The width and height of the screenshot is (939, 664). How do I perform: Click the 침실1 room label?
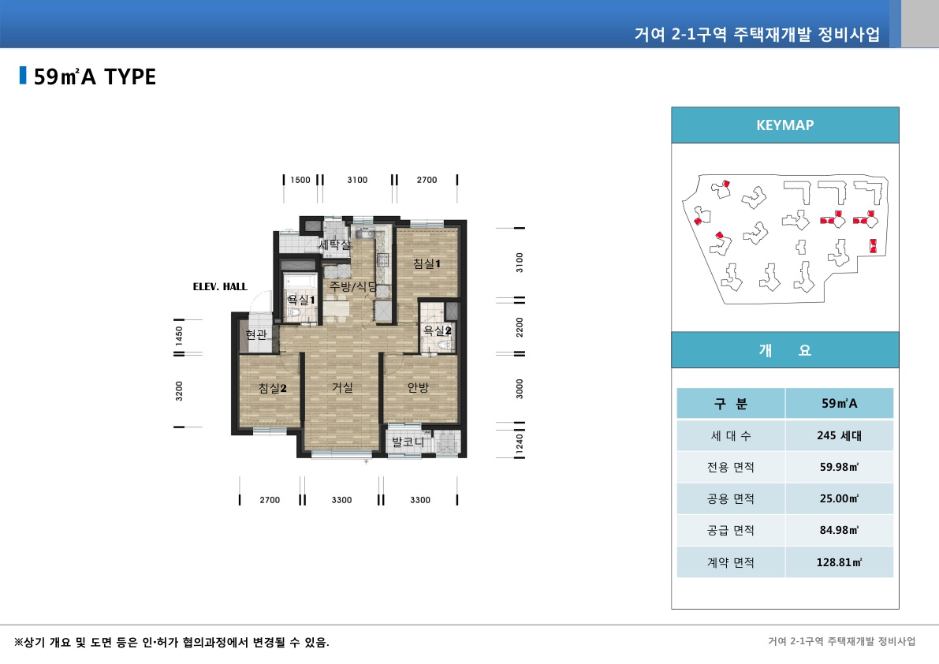pyautogui.click(x=426, y=264)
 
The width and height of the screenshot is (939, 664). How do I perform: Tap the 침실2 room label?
pyautogui.click(x=272, y=388)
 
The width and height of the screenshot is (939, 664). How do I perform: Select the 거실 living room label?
pyautogui.click(x=341, y=387)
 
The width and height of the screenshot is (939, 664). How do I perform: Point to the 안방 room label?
pyautogui.click(x=418, y=387)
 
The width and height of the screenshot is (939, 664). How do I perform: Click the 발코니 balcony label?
pyautogui.click(x=408, y=442)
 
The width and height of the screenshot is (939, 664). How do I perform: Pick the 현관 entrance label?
pyautogui.click(x=256, y=334)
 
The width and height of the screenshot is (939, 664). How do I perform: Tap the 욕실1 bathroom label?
pyautogui.click(x=300, y=300)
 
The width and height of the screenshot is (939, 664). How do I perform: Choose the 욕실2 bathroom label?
pyautogui.click(x=437, y=330)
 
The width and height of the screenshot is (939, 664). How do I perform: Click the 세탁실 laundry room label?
pyautogui.click(x=334, y=245)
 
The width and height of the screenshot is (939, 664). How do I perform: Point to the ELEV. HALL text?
pyautogui.click(x=220, y=287)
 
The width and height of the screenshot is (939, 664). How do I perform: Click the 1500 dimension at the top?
pyautogui.click(x=300, y=180)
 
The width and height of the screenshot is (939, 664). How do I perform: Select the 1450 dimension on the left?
pyautogui.click(x=179, y=335)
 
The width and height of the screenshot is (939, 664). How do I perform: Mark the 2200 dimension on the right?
pyautogui.click(x=519, y=326)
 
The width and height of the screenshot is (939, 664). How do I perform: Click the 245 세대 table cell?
pyautogui.click(x=839, y=435)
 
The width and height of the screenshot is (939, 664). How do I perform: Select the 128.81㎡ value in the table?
pyautogui.click(x=839, y=562)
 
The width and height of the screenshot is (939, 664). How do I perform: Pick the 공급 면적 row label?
pyautogui.click(x=730, y=531)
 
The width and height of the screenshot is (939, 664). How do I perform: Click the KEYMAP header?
pyautogui.click(x=784, y=125)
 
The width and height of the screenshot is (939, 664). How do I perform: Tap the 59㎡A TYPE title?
pyautogui.click(x=95, y=76)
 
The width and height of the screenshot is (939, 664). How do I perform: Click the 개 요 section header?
pyautogui.click(x=784, y=351)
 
